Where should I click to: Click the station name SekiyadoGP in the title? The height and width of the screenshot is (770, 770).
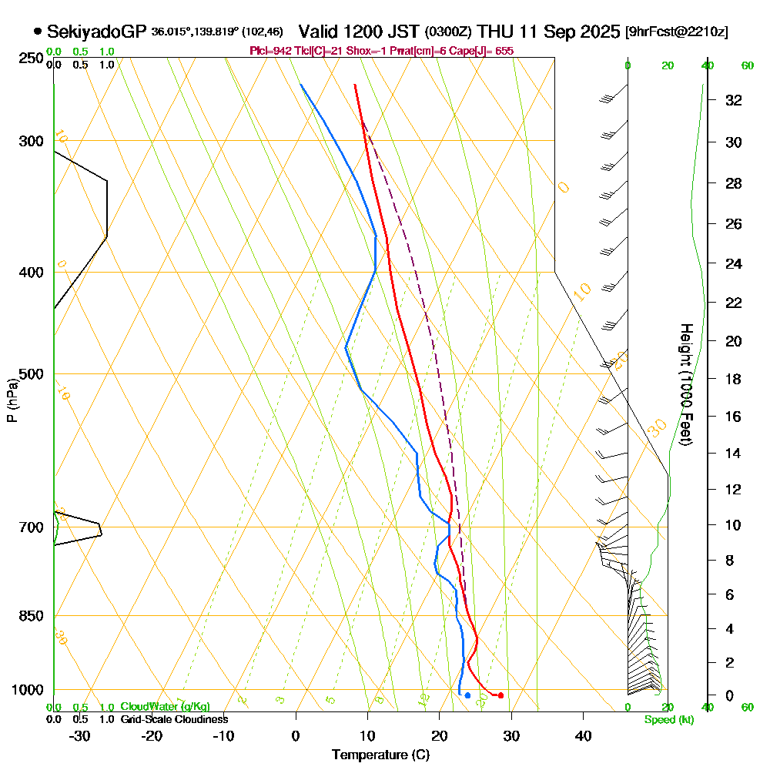[97, 32]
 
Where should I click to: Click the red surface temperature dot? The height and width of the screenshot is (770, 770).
[501, 695]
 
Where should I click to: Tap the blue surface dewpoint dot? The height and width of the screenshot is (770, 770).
[467, 695]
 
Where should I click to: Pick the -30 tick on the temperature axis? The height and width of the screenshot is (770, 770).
[80, 735]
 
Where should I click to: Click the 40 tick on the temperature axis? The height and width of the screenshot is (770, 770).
[584, 735]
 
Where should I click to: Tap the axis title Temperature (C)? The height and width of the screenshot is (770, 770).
[380, 755]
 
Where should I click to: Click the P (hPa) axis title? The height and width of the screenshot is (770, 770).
[12, 400]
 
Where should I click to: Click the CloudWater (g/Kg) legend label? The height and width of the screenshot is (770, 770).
[165, 707]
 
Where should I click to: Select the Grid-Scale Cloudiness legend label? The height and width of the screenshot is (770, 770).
[173, 719]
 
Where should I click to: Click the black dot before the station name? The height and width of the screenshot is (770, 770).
[38, 32]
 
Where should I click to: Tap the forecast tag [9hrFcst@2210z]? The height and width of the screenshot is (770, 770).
[677, 32]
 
